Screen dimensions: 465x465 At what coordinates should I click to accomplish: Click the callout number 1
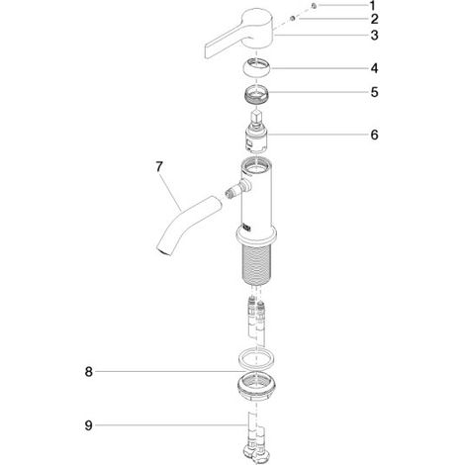click(x=372, y=6)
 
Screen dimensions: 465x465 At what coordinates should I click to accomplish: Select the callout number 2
click(x=374, y=19)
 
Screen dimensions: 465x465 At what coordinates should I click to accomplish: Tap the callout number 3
click(x=374, y=36)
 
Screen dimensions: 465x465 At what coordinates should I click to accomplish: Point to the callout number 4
click(x=374, y=68)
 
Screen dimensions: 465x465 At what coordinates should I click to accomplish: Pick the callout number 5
click(x=374, y=92)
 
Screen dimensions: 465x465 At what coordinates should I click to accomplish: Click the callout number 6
click(x=374, y=135)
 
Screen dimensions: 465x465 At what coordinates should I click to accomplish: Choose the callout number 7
click(x=159, y=167)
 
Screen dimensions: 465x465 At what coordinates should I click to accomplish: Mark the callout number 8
click(x=89, y=372)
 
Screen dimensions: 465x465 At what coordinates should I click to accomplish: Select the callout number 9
click(x=89, y=425)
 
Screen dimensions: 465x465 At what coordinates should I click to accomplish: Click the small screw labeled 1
click(x=315, y=6)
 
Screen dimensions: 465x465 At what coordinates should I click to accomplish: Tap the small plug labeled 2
click(x=293, y=19)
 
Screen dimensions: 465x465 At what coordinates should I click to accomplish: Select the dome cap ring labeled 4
click(x=257, y=68)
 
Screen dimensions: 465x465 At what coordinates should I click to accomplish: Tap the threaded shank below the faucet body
click(x=256, y=264)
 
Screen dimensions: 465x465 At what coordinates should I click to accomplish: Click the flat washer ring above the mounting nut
click(x=256, y=358)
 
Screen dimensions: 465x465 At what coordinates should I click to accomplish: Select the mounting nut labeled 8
click(x=256, y=386)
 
